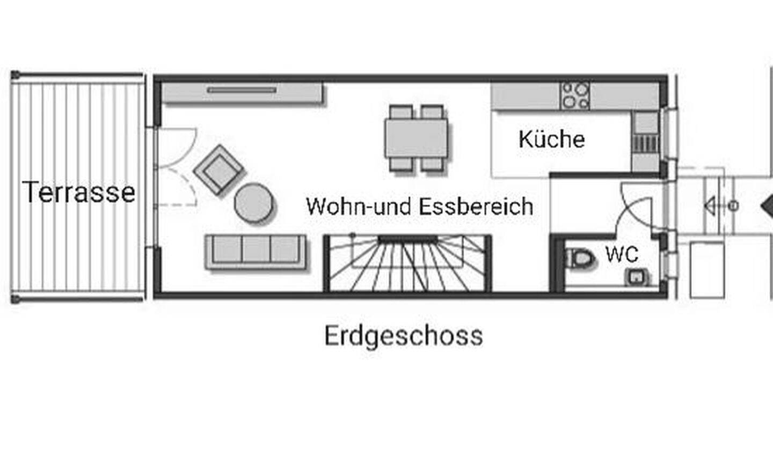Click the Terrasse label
coord(79,192)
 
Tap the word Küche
coord(552,139)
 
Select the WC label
coord(622,254)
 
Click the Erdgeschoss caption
coord(404,336)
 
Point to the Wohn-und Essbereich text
coord(420,206)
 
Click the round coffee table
coord(253,202)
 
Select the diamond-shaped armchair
coord(219,170)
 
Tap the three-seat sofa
coord(256,252)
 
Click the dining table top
coord(417,138)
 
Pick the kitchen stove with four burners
coord(574,95)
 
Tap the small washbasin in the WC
coord(636,277)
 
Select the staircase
coord(407,263)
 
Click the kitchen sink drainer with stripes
coord(645,143)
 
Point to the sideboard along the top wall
coord(243,92)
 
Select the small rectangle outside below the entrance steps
coord(707,270)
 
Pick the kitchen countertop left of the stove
coord(526,96)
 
